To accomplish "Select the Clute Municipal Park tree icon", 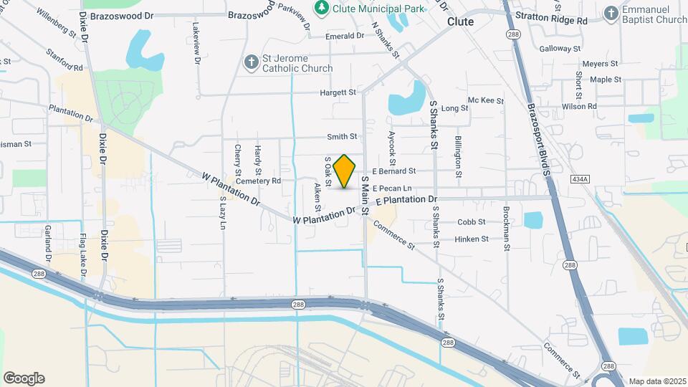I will coord(322,8).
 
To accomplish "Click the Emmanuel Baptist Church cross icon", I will coord(610,13).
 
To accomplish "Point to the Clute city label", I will coord(460,22).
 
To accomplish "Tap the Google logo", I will coord(24,378).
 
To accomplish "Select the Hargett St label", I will coord(338,92).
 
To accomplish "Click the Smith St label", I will coord(342,136).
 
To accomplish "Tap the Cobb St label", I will coord(472,222).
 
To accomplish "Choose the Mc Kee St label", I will coord(481,100).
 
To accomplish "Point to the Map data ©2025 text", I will coord(656,381).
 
